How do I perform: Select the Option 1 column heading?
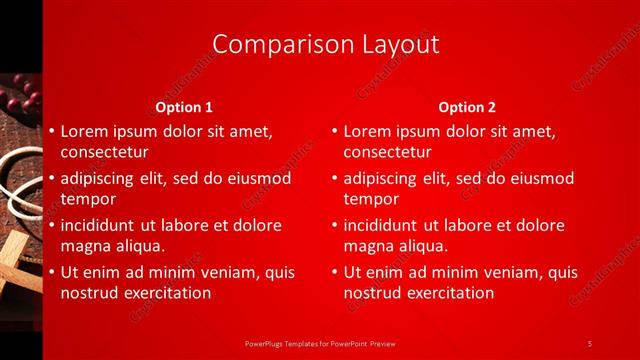(184, 107)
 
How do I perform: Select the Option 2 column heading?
(467, 107)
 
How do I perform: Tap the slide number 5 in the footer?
(590, 343)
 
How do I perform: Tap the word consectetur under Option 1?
(105, 153)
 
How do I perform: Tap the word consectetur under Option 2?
(388, 153)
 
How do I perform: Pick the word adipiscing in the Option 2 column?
(384, 179)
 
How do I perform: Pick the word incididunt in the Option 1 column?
(103, 225)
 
